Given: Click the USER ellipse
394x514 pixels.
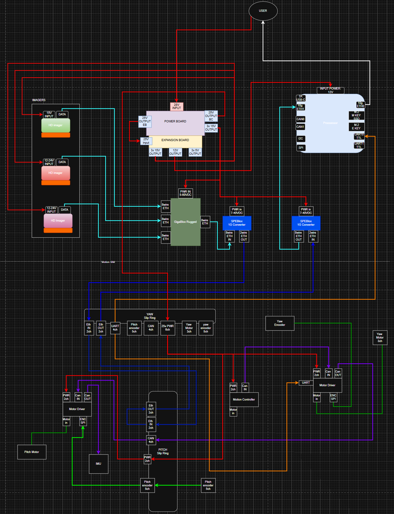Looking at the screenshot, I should click(263, 11).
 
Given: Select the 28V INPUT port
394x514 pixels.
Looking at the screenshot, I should click(176, 106).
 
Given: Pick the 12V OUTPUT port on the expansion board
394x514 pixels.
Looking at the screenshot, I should click(175, 152).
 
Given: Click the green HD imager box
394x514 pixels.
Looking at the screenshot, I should click(56, 125).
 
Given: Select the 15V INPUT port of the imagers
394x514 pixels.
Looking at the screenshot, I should click(49, 114).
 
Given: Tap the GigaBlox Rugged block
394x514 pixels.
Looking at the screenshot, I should click(185, 222).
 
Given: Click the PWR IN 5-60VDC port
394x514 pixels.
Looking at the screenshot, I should click(185, 193).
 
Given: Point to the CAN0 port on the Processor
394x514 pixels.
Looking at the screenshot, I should click(300, 119).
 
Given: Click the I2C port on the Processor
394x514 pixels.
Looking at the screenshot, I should click(301, 139).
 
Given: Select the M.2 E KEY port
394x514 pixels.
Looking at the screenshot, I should click(356, 127).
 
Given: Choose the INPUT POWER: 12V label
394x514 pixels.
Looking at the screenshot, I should click(330, 90).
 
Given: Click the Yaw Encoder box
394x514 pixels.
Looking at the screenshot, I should click(280, 323).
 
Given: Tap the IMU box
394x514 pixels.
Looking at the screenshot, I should click(99, 464).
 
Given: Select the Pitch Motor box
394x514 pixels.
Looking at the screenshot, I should click(32, 452).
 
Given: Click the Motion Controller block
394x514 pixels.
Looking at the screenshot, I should click(244, 400).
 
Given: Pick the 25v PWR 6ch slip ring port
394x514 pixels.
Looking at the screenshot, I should click(168, 328).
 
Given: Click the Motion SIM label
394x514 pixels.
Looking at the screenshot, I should click(108, 262).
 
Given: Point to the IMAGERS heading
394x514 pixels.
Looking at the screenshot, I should click(39, 100).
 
